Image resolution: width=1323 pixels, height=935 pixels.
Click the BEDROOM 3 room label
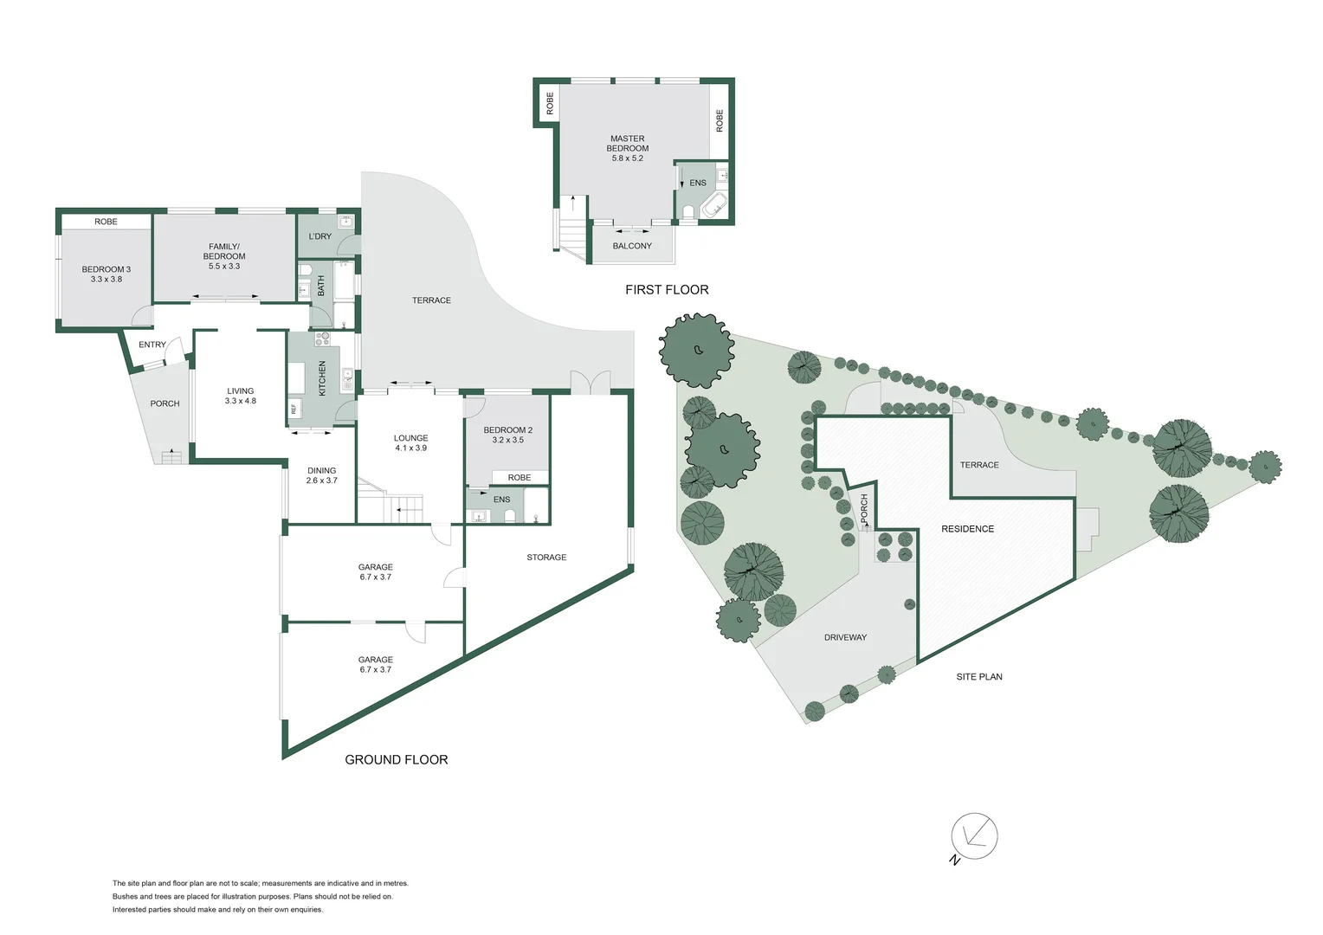pyautogui.click(x=106, y=274)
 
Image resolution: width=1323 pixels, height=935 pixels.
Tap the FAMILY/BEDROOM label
pyautogui.click(x=224, y=256)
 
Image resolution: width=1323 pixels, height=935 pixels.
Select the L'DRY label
pyautogui.click(x=320, y=236)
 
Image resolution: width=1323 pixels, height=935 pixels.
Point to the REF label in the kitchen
pyautogui.click(x=294, y=409)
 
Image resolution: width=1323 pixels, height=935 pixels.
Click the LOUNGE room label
pyautogui.click(x=410, y=442)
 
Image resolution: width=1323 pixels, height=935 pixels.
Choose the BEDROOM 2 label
pyautogui.click(x=508, y=435)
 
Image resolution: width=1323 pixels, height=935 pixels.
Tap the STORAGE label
pyautogui.click(x=546, y=558)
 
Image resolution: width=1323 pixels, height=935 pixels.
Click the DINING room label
pyautogui.click(x=321, y=475)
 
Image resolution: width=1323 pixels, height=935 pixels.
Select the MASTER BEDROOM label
pyautogui.click(x=627, y=148)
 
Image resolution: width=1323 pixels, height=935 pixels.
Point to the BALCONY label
pyautogui.click(x=632, y=246)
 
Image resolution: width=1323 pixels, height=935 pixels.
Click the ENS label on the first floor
pyautogui.click(x=698, y=183)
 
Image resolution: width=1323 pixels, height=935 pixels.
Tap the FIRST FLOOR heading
pyautogui.click(x=667, y=290)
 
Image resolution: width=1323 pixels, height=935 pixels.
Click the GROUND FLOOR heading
pyautogui.click(x=397, y=759)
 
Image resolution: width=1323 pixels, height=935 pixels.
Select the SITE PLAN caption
pyautogui.click(x=979, y=677)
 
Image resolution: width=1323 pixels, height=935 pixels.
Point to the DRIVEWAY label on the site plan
pyautogui.click(x=845, y=637)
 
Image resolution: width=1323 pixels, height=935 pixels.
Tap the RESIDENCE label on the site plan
pyautogui.click(x=968, y=529)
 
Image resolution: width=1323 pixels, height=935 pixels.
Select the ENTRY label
pyautogui.click(x=152, y=345)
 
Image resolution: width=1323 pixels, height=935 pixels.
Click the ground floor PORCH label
pyautogui.click(x=165, y=403)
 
